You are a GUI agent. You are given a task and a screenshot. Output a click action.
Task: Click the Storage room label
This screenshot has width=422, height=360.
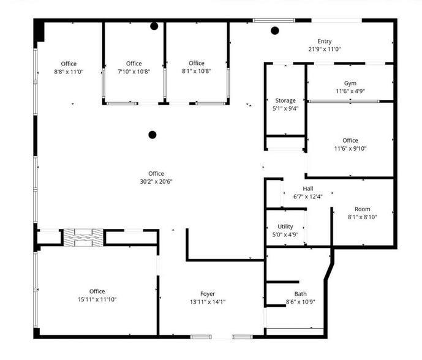point(285,100)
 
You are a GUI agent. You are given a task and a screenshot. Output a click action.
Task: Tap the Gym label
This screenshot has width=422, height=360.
point(350,83)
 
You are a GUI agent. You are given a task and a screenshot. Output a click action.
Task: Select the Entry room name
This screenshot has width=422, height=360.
point(324,42)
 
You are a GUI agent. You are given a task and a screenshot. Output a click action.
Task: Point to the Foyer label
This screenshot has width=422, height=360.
point(208,294)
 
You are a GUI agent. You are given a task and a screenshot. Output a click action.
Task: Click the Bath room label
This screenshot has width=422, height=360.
point(300,294)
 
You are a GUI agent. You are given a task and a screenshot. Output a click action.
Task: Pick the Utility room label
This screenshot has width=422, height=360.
point(285,227)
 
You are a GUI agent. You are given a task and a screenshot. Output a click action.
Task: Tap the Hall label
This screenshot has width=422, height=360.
point(308,189)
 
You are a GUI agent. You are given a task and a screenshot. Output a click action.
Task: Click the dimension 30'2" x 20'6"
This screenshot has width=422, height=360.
point(156,182)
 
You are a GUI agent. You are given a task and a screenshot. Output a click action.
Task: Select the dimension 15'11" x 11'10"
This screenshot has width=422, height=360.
point(97,299)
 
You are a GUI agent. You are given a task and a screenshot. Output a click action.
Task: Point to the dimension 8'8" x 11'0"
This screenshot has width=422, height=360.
point(69,72)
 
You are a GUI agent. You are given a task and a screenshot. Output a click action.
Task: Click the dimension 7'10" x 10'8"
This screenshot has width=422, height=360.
point(134,72)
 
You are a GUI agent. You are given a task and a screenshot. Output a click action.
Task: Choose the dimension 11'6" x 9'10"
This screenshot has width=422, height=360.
point(350,149)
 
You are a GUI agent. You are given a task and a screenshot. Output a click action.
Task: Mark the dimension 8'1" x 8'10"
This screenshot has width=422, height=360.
point(362,217)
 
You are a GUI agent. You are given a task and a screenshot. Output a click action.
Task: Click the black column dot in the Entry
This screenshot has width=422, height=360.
point(275,31)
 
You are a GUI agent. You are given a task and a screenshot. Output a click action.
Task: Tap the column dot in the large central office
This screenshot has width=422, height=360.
point(153,135)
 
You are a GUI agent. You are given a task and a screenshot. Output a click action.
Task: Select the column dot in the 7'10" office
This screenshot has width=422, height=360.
point(154,26)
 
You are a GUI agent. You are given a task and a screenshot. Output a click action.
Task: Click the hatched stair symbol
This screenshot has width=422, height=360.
point(83,238)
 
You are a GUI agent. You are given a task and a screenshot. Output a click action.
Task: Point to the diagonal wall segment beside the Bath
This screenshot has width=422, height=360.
point(329,272)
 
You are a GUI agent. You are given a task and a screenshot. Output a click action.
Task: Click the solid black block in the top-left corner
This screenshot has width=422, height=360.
point(39,31)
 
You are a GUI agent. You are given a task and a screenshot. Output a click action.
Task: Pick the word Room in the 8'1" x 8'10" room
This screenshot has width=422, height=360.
point(362,209)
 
